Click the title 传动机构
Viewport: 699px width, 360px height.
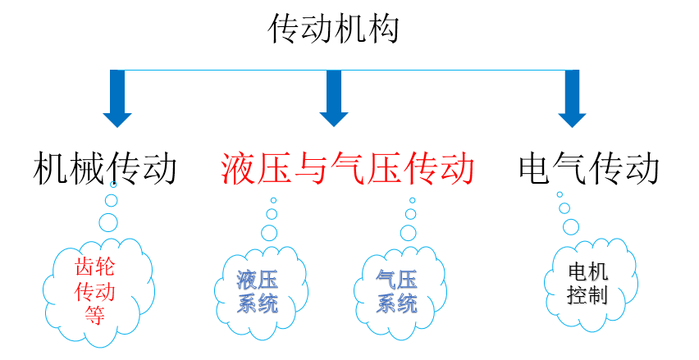(334, 30)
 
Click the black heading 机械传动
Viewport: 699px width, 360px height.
(106, 169)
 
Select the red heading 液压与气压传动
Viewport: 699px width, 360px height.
(347, 169)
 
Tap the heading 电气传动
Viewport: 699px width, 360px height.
(589, 169)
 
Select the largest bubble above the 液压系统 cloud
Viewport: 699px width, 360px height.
(269, 232)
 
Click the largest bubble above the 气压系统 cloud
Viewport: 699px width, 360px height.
(408, 232)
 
